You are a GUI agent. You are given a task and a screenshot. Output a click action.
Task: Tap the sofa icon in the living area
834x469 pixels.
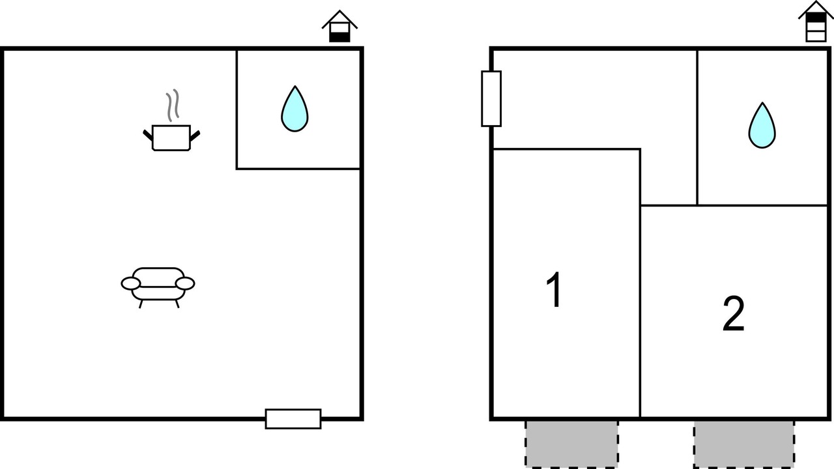pos(158,287)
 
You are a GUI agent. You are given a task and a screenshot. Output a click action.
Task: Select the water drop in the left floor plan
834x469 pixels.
pos(295,109)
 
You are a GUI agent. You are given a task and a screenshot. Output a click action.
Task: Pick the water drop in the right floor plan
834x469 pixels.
pos(762,126)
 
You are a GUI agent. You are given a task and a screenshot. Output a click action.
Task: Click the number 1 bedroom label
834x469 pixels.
pos(554,290)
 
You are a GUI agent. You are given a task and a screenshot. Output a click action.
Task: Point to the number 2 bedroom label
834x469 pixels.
pos(733,313)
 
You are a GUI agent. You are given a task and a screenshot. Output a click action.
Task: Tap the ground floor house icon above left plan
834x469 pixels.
pos(339,27)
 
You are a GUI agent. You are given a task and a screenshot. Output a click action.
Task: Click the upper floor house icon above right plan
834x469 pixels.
pos(816,21)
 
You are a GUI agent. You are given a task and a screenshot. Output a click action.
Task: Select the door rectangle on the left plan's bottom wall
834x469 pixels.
pos(293,419)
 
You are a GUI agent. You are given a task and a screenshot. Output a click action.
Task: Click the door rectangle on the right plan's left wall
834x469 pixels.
pos(491,98)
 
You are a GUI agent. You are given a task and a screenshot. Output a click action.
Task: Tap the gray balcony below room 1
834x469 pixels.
pos(571,444)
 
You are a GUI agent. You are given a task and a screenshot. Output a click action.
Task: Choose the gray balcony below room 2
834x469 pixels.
pos(744,444)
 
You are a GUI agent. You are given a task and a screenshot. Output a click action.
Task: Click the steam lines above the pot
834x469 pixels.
pos(173,105)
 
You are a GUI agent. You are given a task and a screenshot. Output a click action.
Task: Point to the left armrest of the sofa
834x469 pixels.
pos(131,283)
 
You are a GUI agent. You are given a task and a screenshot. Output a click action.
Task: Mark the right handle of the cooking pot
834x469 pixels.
pos(195,136)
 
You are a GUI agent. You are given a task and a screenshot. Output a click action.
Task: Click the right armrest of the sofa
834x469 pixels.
pos(185,283)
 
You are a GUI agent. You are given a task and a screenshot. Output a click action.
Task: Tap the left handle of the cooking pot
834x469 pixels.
pos(148,135)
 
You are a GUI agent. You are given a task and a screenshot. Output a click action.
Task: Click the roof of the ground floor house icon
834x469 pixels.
pos(339,20)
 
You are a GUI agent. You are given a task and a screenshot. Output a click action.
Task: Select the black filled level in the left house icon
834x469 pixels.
pos(339,37)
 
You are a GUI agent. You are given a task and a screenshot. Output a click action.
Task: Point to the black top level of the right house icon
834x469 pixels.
pos(816,17)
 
